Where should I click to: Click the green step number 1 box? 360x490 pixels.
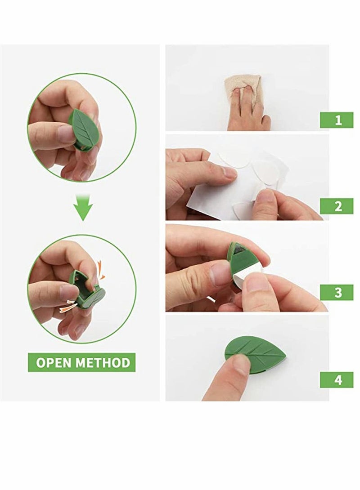click(x=337, y=120)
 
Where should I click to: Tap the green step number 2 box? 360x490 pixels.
click(x=337, y=206)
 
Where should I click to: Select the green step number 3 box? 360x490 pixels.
click(x=337, y=292)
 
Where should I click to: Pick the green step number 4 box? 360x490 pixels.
click(x=337, y=379)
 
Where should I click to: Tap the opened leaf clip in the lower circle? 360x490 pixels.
click(x=88, y=290)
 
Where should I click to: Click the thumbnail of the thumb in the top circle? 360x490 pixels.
click(x=67, y=134)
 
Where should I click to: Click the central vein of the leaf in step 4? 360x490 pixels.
click(x=256, y=349)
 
